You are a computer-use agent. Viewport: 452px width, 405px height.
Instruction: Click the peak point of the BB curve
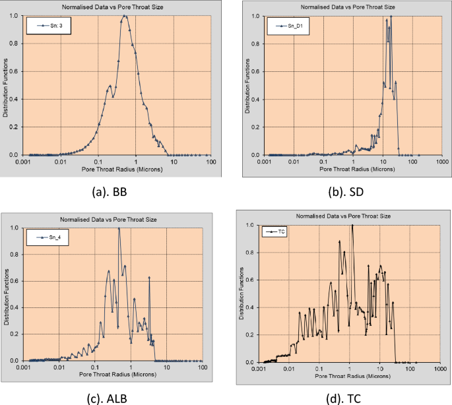[x=125, y=16]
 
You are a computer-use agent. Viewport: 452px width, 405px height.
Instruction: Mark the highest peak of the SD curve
[x=391, y=16]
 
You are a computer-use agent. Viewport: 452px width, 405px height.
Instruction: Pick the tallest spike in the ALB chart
[x=119, y=228]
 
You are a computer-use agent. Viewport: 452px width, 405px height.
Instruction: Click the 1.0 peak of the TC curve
[x=352, y=225]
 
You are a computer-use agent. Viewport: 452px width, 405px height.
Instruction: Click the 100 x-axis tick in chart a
[x=211, y=161]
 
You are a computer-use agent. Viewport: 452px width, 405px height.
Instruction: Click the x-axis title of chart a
[x=117, y=169]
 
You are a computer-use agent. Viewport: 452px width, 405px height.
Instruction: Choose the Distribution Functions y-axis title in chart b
[x=249, y=86]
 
